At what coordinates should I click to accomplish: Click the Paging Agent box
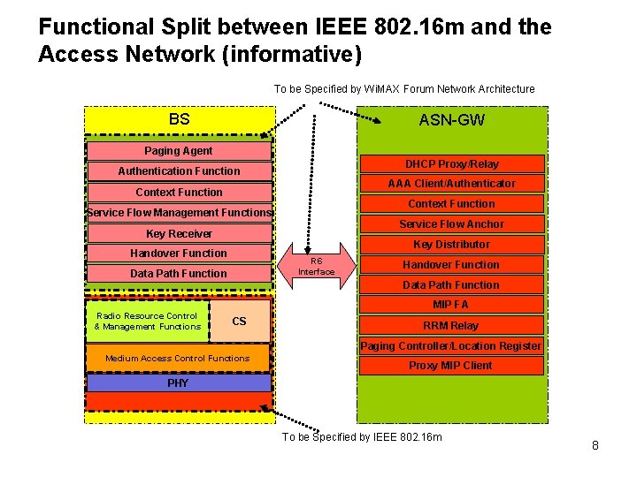(x=179, y=151)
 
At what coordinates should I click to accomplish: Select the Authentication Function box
(x=179, y=171)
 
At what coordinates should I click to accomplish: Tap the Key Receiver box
(x=179, y=234)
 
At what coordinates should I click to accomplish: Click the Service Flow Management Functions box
(x=179, y=213)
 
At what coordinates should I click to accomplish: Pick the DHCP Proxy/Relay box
(x=451, y=164)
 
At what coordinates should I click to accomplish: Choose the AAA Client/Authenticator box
(x=451, y=184)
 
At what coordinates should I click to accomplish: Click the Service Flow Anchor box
(x=451, y=224)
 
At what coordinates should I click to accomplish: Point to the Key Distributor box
(x=451, y=245)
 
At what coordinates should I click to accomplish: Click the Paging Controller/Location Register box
(x=451, y=346)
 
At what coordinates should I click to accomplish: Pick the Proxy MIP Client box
(x=451, y=366)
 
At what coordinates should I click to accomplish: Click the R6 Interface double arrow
(x=316, y=266)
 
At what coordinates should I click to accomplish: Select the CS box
(x=240, y=322)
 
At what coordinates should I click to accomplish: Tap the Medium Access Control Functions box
(x=178, y=358)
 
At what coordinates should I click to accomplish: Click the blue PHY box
(x=179, y=382)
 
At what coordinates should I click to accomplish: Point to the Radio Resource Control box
(x=148, y=322)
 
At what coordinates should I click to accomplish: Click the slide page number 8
(x=595, y=446)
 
